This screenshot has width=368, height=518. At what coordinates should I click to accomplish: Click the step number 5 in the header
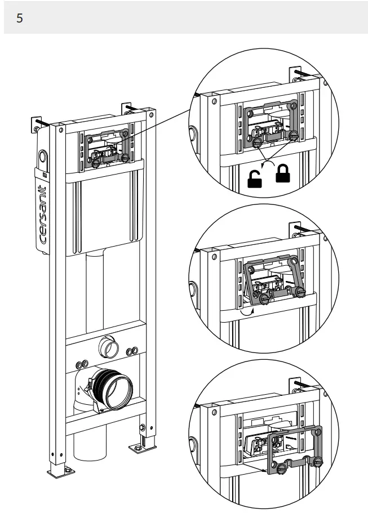tap(20, 18)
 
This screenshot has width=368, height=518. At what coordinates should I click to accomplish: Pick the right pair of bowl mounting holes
tap(131, 351)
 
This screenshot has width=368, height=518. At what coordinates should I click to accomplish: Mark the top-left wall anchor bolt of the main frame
tap(40, 122)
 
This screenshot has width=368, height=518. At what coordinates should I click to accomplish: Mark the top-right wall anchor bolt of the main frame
tap(128, 106)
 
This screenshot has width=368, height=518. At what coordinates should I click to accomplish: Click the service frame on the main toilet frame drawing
tap(107, 148)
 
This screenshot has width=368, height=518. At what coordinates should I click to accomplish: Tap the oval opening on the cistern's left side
tap(42, 155)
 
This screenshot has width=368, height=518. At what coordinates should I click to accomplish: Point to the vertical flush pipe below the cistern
tap(96, 293)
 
